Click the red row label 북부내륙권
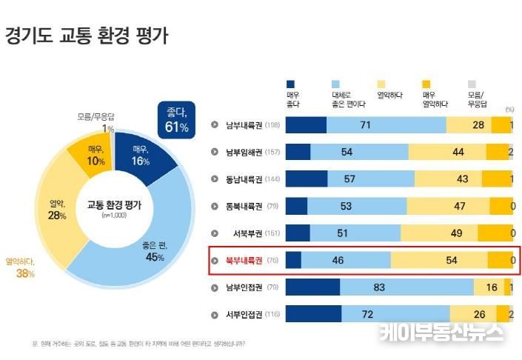tap(244, 260)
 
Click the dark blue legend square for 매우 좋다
tap(291, 84)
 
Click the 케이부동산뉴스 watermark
tap(442, 333)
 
